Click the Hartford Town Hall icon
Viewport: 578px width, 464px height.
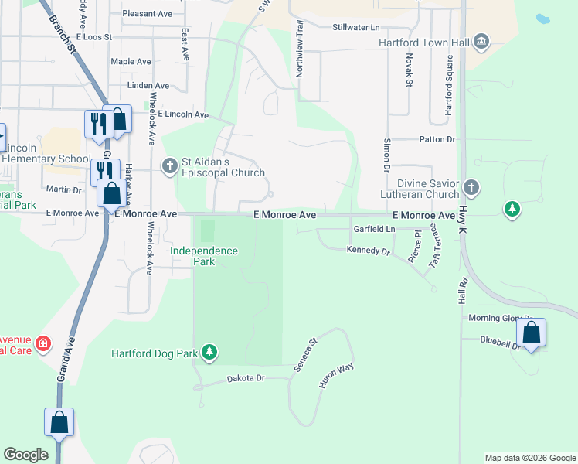482,41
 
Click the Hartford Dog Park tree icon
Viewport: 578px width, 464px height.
209,353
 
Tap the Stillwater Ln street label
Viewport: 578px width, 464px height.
356,27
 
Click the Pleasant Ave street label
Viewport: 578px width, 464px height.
147,14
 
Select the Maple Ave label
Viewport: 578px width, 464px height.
131,61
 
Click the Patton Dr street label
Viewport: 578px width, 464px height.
437,139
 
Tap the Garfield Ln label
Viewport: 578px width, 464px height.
374,230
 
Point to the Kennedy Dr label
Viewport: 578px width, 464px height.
369,250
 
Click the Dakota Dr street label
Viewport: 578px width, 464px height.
246,378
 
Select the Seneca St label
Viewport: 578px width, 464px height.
306,355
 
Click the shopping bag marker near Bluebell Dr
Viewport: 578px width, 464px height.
531,334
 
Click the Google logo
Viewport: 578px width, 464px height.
25,455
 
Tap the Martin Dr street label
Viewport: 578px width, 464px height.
63,189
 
